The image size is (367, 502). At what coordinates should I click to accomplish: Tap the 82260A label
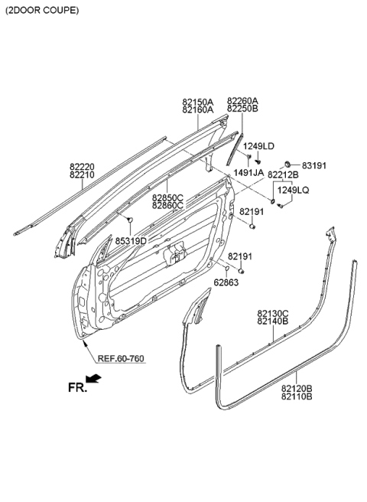pyautogui.click(x=242, y=101)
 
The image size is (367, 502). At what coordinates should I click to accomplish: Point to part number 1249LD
pyautogui.click(x=261, y=146)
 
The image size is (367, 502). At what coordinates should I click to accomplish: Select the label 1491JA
pyautogui.click(x=248, y=174)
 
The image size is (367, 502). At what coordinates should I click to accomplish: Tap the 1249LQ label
pyautogui.click(x=292, y=190)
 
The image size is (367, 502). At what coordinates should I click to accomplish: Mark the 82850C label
pyautogui.click(x=167, y=197)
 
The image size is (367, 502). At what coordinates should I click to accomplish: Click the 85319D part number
pyautogui.click(x=132, y=241)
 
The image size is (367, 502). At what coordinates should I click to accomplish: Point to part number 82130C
pyautogui.click(x=273, y=314)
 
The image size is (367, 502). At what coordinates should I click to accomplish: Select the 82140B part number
pyautogui.click(x=273, y=323)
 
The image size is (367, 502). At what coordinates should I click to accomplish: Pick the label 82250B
pyautogui.click(x=242, y=110)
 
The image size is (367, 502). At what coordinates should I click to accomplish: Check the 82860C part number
pyautogui.click(x=167, y=206)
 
